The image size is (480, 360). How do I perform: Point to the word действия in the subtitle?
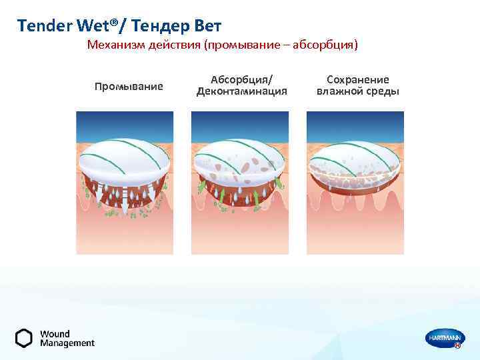pos(173,45)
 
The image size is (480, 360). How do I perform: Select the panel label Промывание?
pos(129,86)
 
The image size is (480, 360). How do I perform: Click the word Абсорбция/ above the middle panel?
pos(241,79)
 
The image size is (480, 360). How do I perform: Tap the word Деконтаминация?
pos(241,91)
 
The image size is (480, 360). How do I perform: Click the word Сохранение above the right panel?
pos(358,79)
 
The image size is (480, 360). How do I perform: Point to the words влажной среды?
pos(358,91)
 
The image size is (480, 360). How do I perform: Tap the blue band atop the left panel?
pos(125,122)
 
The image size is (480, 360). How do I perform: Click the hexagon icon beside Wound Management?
pos(24,338)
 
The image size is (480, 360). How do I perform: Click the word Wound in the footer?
pos(55,333)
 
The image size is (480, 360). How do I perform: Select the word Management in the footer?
pos(67,343)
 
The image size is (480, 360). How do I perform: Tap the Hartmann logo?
pos(443,339)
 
